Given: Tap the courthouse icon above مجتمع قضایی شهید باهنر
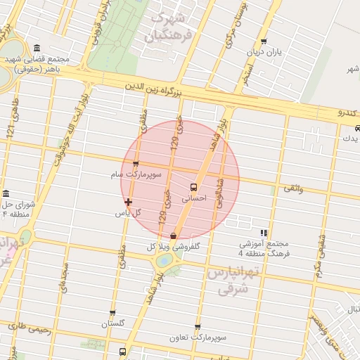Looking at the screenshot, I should tap(37, 48).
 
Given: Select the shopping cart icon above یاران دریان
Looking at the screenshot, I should tap(264, 42).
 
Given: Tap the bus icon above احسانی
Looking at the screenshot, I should tap(193, 187).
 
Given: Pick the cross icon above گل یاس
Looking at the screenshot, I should tap(127, 202).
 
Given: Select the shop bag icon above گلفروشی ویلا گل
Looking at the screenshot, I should tap(173, 236).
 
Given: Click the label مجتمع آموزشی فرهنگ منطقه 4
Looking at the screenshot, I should tap(264, 248).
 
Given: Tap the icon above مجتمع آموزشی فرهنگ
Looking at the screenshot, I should tap(264, 233).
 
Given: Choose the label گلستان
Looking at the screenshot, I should tap(112, 324).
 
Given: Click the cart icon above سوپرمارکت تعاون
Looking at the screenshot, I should tap(198, 328).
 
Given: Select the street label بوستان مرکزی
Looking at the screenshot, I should tap(234, 28).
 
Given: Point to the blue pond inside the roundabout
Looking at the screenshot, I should tap(164, 260).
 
